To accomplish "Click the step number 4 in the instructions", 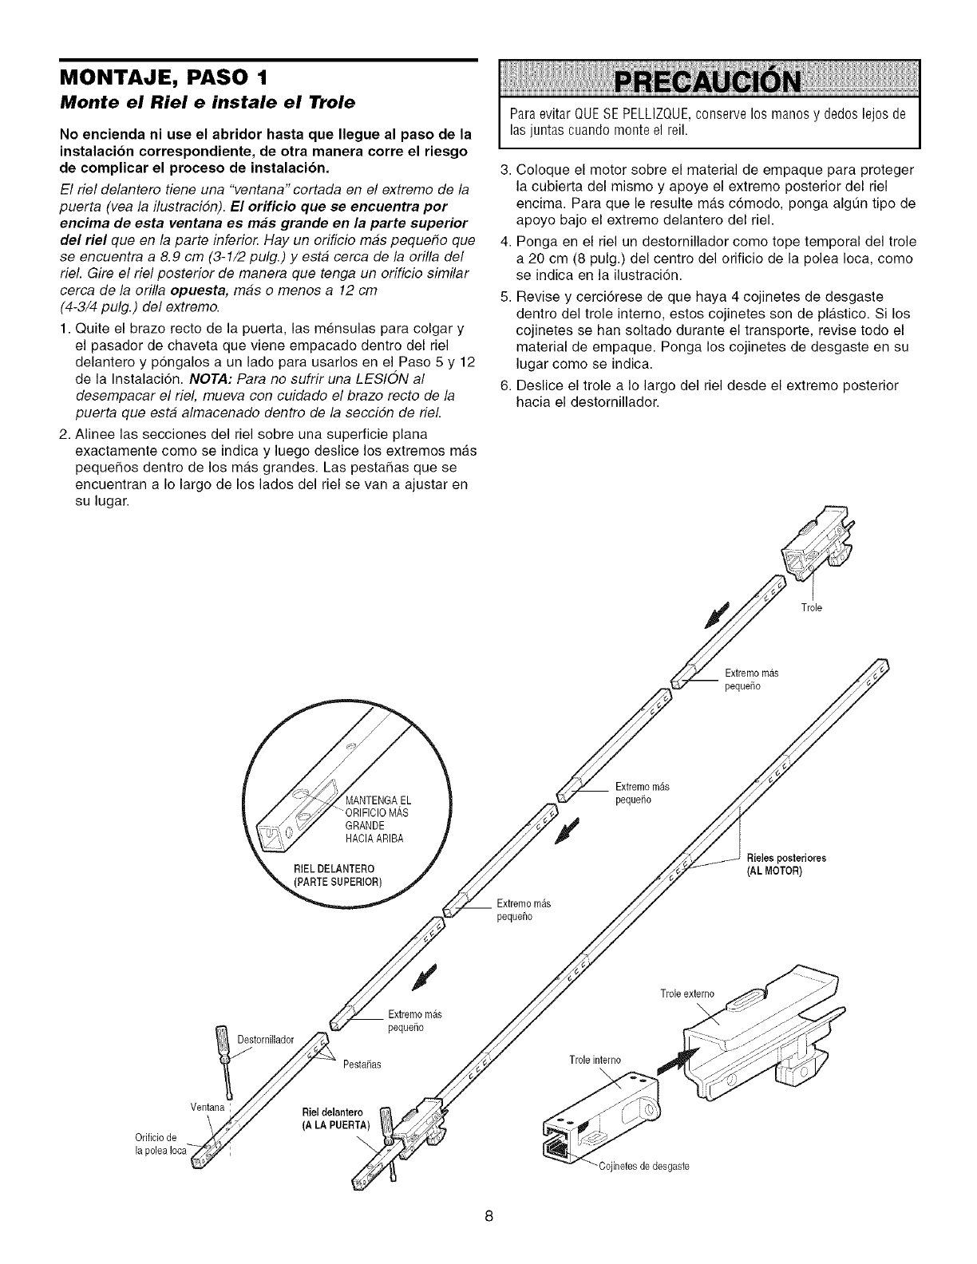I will (504, 242).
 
